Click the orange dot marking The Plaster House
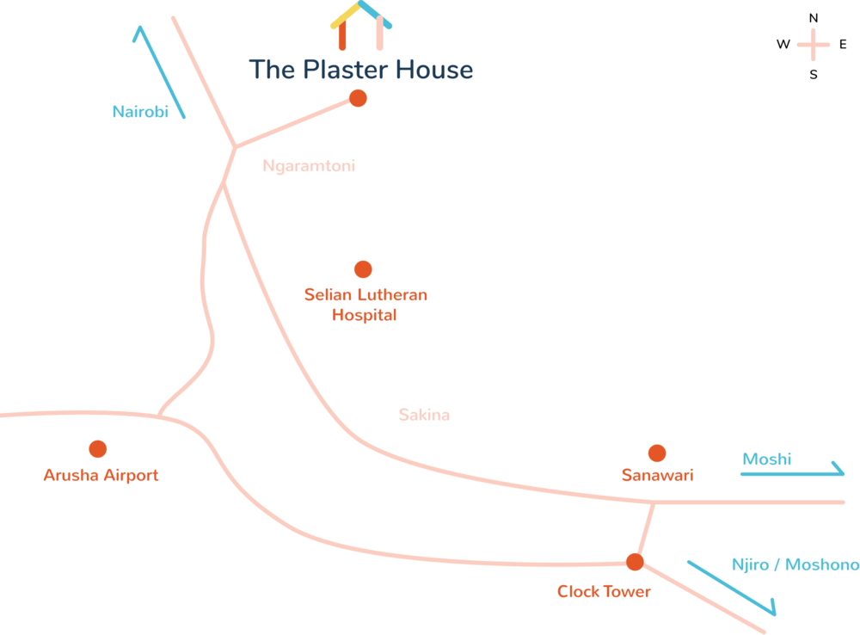[x=359, y=98]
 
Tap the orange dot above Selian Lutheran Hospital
[x=363, y=269]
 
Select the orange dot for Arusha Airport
[x=98, y=448]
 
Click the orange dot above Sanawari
[x=657, y=453]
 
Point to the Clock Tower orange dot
[x=635, y=562]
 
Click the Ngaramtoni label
[x=309, y=167]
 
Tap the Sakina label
[x=424, y=415]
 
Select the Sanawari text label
[x=657, y=475]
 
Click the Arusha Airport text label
[x=101, y=475]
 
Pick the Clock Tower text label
[x=604, y=592]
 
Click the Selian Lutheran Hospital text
[x=365, y=305]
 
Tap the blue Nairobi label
[x=140, y=111]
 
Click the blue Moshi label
[x=766, y=459]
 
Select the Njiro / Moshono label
[x=795, y=565]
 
